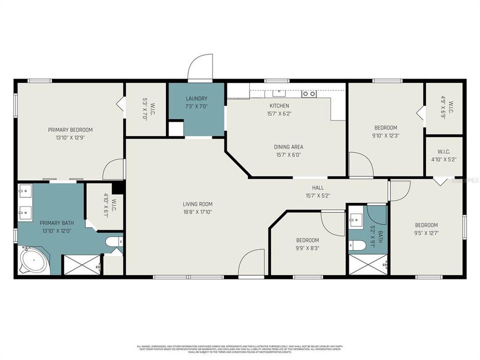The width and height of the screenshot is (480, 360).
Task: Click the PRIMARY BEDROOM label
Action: pyautogui.click(x=70, y=130)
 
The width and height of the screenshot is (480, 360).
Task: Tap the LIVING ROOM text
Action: pyautogui.click(x=197, y=204)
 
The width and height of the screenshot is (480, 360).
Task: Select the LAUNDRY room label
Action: pyautogui.click(x=196, y=99)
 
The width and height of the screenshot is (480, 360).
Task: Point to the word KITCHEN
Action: pyautogui.click(x=279, y=106)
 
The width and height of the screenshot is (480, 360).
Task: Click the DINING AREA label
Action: pyautogui.click(x=288, y=147)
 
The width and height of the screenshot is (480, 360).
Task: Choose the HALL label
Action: pyautogui.click(x=317, y=188)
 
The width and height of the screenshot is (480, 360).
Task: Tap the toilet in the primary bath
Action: pyautogui.click(x=113, y=242)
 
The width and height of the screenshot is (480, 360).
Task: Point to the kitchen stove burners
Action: pyautogui.click(x=309, y=93)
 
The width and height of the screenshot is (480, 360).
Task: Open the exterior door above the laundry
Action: pyautogui.click(x=200, y=69)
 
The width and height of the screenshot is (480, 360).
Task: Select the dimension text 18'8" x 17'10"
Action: pyautogui.click(x=197, y=211)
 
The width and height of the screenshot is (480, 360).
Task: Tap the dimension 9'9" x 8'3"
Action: pyautogui.click(x=307, y=247)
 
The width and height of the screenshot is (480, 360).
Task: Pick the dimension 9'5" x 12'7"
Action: pyautogui.click(x=426, y=232)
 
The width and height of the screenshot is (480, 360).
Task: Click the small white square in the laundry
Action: pyautogui.click(x=175, y=128)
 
